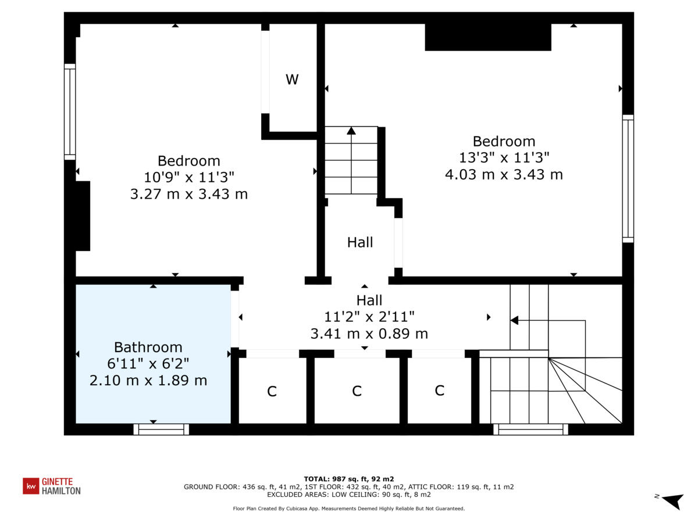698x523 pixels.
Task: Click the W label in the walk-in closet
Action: [292, 80]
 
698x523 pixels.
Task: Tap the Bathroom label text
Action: [148, 347]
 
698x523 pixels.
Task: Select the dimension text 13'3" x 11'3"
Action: [504, 157]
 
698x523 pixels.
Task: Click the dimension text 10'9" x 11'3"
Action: [189, 177]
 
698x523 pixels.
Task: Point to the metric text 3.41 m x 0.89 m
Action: [369, 334]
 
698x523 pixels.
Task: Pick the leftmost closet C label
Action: [272, 391]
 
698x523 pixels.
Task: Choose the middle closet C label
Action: [357, 391]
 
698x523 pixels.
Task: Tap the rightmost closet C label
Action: [440, 391]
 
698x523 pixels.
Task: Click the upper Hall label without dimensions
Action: [360, 242]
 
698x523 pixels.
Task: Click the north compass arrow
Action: [674, 501]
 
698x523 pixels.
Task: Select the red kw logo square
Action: [31, 486]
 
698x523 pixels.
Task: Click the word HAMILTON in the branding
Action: [61, 490]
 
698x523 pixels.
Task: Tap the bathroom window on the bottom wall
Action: [161, 429]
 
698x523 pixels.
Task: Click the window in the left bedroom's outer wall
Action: [70, 112]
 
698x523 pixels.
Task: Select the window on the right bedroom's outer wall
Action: [628, 178]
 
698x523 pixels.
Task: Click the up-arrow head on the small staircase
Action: [351, 131]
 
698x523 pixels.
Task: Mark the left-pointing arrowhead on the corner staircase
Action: [514, 320]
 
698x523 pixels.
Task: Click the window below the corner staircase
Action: [530, 429]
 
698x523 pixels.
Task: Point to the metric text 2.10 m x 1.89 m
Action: [148, 381]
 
